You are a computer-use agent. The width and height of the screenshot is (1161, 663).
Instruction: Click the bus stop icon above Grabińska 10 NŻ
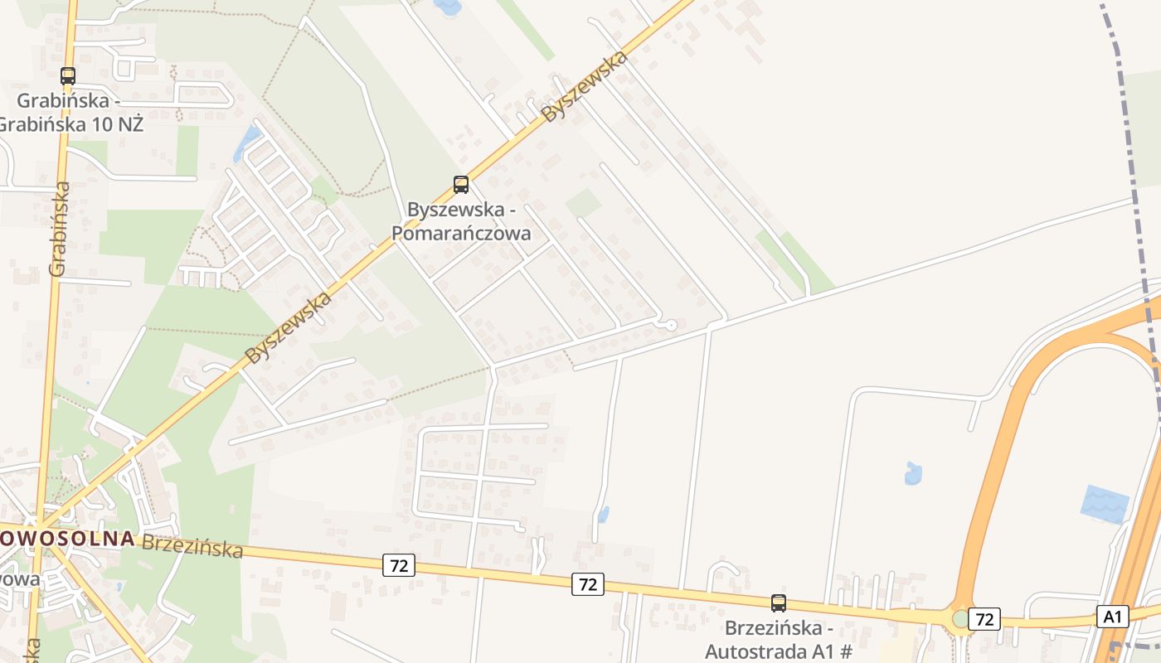point(68,76)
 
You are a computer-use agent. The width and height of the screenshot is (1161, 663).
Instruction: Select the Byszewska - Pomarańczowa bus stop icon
point(461,185)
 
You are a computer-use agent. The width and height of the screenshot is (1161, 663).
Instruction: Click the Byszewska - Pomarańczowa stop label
point(460,221)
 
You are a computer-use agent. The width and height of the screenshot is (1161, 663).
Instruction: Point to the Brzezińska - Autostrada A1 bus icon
point(778,603)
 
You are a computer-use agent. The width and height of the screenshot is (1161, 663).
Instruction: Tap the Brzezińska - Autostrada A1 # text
point(778,639)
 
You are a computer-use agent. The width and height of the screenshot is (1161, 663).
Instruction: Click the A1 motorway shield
point(1112,617)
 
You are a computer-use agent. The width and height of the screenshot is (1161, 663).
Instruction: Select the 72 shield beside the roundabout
point(984,619)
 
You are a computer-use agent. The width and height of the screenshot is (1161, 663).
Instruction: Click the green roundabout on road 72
point(961,618)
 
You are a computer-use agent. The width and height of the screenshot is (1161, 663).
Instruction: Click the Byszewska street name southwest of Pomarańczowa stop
point(289,327)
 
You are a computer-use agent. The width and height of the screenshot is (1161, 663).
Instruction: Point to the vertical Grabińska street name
point(59,228)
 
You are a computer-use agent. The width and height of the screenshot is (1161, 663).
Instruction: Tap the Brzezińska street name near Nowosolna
point(192,546)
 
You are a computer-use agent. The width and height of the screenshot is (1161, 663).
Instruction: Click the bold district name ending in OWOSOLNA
point(66,538)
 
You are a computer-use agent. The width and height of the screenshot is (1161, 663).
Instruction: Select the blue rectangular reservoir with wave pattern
point(1105,504)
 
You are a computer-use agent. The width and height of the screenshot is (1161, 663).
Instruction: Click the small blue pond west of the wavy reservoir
point(913,474)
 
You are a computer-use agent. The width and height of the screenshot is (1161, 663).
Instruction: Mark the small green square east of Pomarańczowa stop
point(584,202)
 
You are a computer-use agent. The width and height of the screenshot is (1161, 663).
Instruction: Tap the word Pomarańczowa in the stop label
point(460,233)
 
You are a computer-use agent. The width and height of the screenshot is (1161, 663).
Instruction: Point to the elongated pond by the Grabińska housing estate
point(246,143)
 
